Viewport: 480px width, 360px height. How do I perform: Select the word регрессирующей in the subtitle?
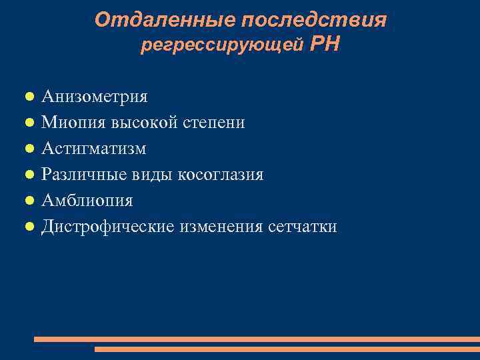point(223,46)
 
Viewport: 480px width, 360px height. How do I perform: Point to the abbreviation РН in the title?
point(325,45)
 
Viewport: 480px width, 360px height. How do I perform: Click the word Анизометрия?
point(95,97)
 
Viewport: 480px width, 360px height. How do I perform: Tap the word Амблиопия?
point(87,201)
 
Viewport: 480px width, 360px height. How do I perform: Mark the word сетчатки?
point(303,227)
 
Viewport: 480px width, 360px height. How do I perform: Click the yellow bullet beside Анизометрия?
point(30,97)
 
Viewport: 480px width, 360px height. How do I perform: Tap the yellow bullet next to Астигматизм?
point(30,149)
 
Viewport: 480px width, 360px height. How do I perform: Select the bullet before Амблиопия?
point(30,201)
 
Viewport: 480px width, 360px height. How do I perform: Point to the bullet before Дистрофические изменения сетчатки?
point(30,227)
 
